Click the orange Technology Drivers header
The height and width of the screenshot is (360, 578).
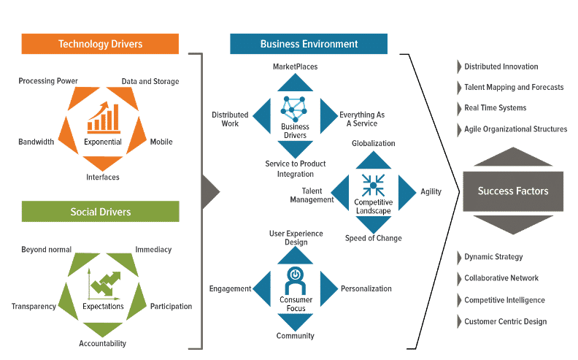[x=100, y=44]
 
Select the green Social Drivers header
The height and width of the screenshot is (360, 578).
[x=100, y=212]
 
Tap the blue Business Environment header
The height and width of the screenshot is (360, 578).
[x=309, y=44]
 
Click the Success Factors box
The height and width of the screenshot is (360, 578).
[x=512, y=191]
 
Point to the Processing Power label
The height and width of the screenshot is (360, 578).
[x=48, y=81]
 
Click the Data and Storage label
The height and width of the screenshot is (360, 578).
[x=150, y=81]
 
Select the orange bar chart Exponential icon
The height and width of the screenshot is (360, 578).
[x=102, y=117]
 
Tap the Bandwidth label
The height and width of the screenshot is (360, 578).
[x=36, y=142]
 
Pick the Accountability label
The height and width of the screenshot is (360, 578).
[x=102, y=343]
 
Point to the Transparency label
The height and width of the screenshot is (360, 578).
[x=34, y=307]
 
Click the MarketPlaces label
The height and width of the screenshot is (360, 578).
[x=295, y=66]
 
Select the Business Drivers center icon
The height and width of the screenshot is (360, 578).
[x=295, y=110]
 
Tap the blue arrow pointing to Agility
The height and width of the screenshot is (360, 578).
[x=406, y=191]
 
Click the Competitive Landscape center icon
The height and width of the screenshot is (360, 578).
[x=372, y=183]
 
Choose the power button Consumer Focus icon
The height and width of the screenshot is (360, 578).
[x=295, y=275]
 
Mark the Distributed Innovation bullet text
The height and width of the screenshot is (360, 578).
[x=501, y=66]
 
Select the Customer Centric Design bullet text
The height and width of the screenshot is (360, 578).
[x=505, y=321]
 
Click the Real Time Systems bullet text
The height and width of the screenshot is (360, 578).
[x=495, y=108]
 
